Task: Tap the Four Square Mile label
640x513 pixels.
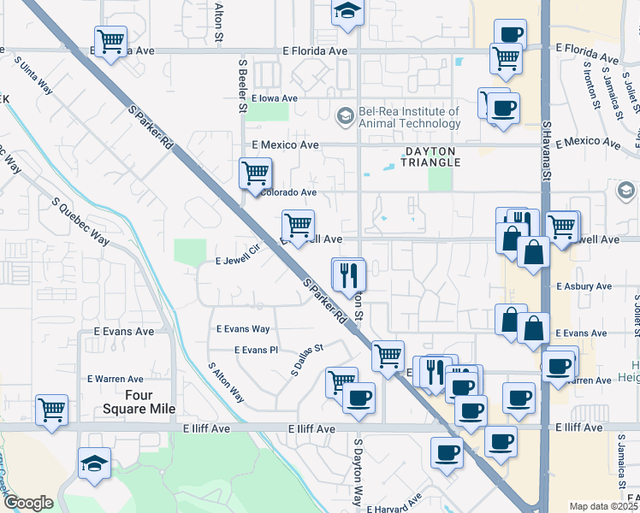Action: (x=127, y=402)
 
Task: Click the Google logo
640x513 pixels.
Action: (x=28, y=503)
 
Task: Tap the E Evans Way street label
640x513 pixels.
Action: (x=243, y=329)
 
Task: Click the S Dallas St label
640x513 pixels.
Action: (x=308, y=361)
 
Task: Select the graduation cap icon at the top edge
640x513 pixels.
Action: (x=347, y=12)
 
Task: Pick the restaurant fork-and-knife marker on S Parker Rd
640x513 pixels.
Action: (x=348, y=274)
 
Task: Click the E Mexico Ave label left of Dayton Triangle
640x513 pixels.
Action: (x=286, y=145)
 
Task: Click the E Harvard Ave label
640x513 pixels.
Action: (x=395, y=504)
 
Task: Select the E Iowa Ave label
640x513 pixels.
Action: (x=274, y=98)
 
